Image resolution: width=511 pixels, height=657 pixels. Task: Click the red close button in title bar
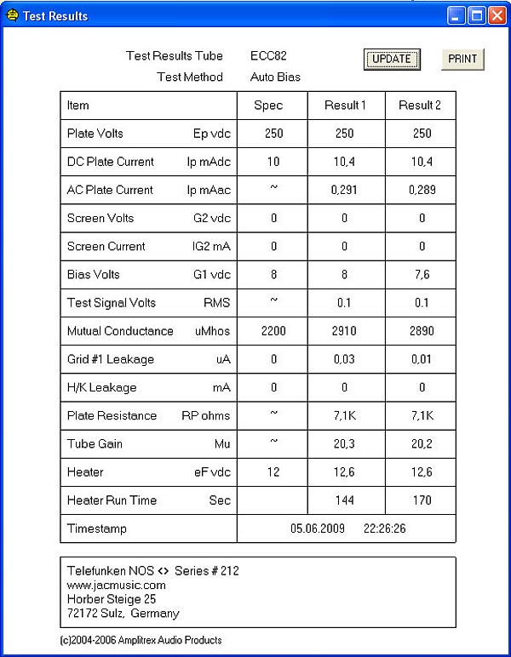click(497, 15)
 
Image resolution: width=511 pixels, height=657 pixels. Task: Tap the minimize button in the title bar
click(456, 15)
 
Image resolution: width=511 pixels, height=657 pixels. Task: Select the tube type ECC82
click(268, 56)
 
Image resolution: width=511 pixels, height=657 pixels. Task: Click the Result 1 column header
click(345, 106)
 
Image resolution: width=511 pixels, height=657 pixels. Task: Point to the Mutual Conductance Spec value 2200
click(273, 331)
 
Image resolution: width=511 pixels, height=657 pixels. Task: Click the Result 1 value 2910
click(345, 331)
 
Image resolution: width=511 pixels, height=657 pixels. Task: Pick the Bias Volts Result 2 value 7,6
click(420, 275)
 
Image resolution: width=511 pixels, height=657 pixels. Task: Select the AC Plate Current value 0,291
click(345, 190)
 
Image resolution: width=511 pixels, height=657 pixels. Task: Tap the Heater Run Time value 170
click(420, 500)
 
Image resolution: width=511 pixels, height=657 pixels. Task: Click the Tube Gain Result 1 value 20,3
click(345, 443)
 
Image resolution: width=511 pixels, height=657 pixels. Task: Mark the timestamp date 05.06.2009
click(318, 528)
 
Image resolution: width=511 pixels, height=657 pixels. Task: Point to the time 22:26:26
click(385, 528)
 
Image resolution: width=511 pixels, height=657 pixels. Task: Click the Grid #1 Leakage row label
click(111, 359)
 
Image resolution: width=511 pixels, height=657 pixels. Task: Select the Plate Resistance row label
click(112, 415)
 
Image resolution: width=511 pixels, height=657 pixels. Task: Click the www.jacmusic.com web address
click(117, 586)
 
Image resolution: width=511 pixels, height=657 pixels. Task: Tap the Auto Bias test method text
click(275, 77)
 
